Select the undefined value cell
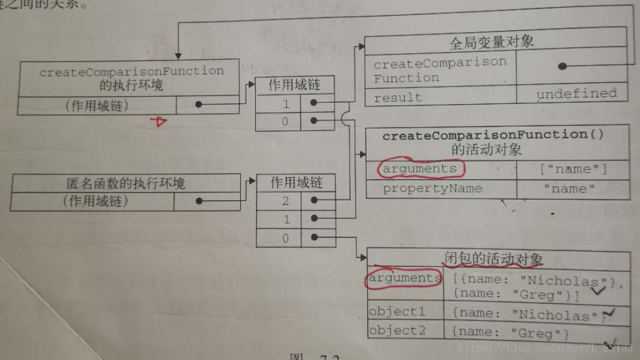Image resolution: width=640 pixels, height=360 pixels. [x=576, y=94]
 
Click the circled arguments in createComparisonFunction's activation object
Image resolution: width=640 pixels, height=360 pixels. [x=420, y=169]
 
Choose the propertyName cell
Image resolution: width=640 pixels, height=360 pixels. [x=432, y=189]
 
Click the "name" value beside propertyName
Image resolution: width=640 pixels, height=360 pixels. [x=569, y=189]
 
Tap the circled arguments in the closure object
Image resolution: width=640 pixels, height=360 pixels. [x=405, y=278]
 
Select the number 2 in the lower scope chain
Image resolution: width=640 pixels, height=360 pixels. [x=286, y=201]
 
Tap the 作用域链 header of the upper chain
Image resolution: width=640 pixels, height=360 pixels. [x=295, y=85]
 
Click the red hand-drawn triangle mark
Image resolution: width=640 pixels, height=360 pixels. [x=159, y=122]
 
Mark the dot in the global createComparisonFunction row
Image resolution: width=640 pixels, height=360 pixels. [x=562, y=66]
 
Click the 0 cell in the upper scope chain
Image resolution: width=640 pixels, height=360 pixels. [x=286, y=122]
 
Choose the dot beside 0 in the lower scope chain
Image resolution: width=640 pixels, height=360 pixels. [x=314, y=238]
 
